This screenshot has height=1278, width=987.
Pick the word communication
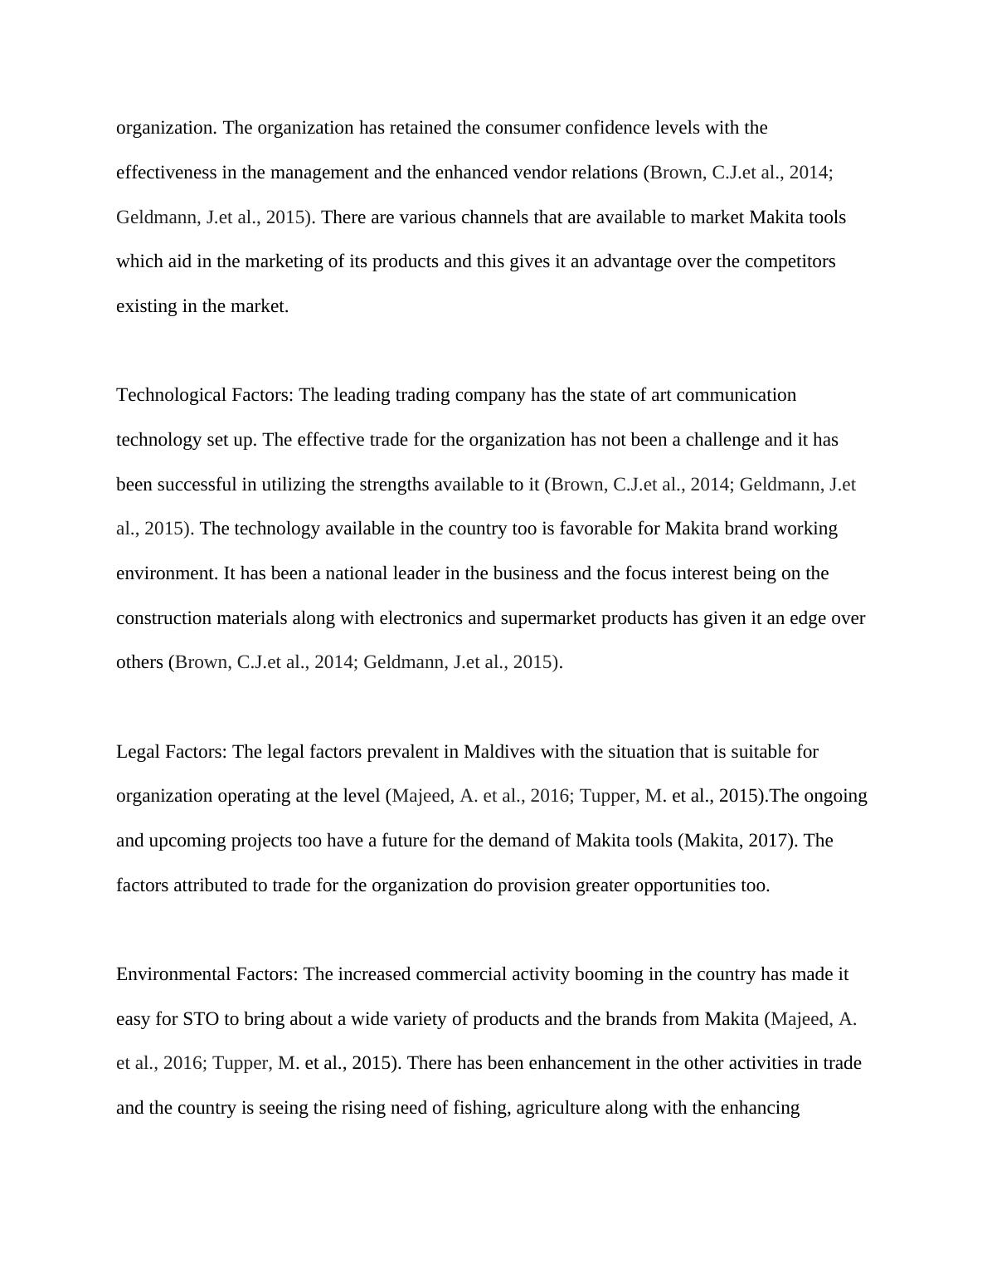pyautogui.click(x=737, y=395)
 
